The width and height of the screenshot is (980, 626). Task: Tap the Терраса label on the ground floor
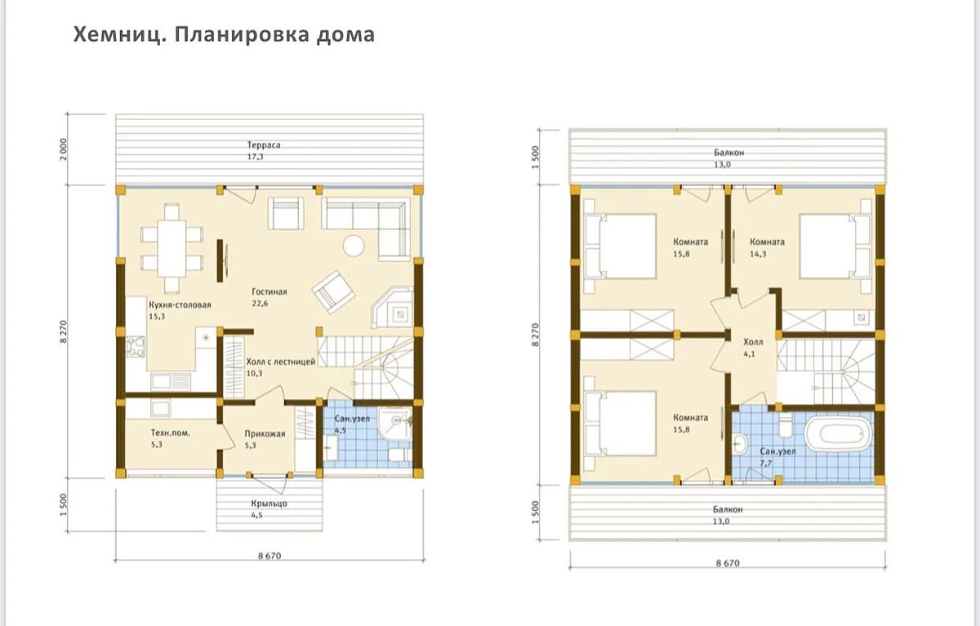265,144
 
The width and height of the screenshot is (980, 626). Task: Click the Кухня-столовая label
180,304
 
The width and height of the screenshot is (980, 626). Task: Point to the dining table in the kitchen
171,247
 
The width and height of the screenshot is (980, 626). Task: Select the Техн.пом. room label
170,433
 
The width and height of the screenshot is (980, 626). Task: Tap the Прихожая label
265,433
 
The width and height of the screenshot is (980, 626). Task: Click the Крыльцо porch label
269,504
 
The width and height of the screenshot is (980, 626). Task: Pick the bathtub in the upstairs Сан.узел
839,434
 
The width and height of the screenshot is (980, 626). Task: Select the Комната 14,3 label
767,242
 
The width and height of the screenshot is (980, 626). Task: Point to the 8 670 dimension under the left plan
269,555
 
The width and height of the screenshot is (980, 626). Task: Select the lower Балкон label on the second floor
727,509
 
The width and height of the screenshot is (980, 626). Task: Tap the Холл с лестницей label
280,362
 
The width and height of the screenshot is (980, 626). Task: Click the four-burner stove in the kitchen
135,351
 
